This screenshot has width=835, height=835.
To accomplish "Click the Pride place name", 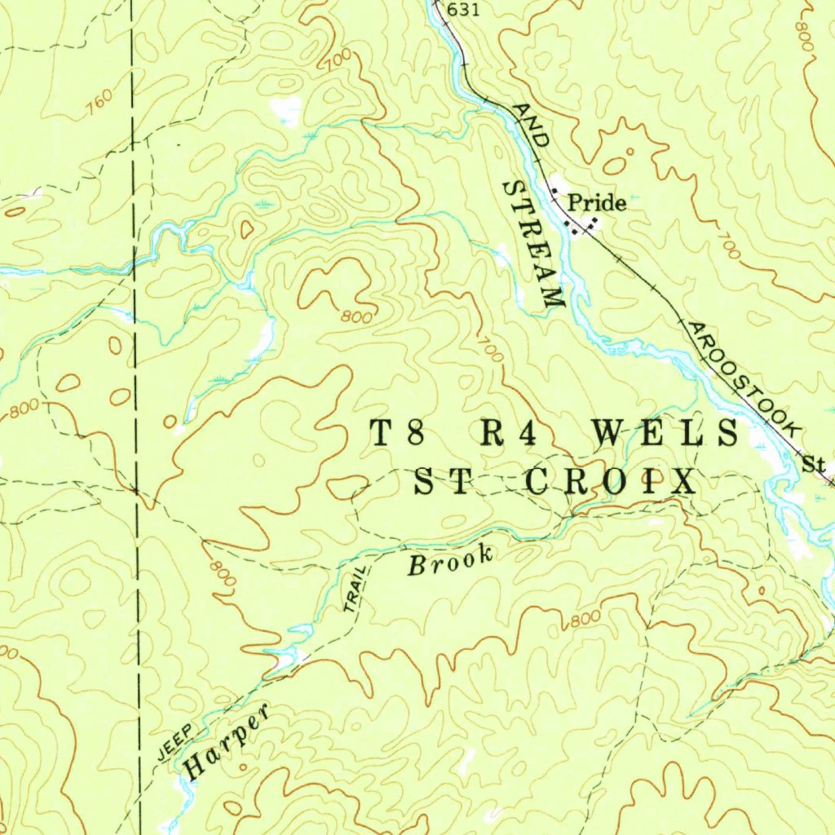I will (x=597, y=202).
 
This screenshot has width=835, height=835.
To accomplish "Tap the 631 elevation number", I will (x=463, y=10).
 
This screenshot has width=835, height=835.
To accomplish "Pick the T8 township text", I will (x=397, y=433).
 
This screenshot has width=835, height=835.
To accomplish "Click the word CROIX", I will (x=611, y=482).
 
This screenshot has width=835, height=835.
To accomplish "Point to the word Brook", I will (x=451, y=561).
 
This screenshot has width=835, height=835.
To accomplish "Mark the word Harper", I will (x=228, y=743).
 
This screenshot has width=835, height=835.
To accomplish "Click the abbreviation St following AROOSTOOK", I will (x=813, y=465).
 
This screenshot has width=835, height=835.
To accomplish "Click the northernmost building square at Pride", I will (x=555, y=192).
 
